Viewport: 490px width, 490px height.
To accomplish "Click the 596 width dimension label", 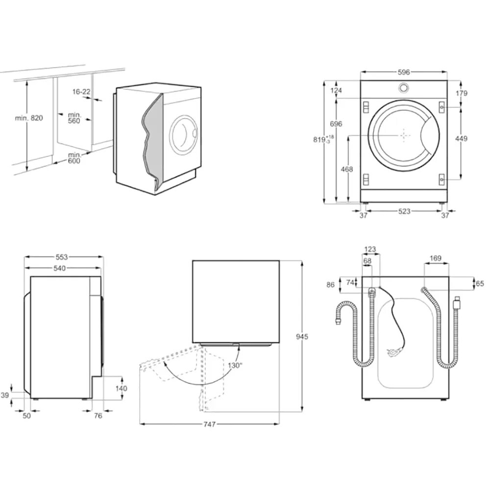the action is point(403,72).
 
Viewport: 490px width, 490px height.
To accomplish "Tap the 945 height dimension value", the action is point(302,337).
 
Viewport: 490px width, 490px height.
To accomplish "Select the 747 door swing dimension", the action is point(209,424).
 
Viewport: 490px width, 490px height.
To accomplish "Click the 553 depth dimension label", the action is point(61,257).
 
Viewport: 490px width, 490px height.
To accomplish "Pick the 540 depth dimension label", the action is point(59,268).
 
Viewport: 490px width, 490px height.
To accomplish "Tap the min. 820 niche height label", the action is point(29,118).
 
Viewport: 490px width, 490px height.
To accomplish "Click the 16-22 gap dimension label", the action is point(81,92).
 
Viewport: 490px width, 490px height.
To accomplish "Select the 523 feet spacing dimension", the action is point(404,211).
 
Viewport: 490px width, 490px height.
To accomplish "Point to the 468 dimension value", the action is point(347,169).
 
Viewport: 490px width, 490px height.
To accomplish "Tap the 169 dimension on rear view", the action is point(436,258).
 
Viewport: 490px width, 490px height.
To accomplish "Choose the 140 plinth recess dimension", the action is point(121,389).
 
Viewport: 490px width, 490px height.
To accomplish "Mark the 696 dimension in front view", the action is point(336,124).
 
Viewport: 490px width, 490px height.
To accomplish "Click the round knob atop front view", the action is point(403,88).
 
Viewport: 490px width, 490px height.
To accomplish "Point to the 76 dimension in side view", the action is point(98,416).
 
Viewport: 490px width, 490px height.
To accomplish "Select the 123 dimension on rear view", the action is point(370,249).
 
